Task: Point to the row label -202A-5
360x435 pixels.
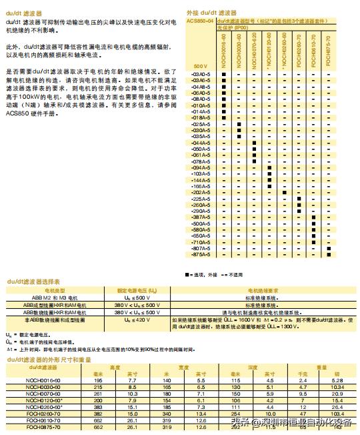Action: point(201,192)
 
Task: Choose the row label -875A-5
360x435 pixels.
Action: point(201,254)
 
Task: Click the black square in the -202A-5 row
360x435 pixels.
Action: point(285,192)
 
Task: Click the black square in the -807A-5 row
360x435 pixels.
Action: point(330,248)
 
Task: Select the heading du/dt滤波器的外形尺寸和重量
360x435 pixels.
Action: point(47,360)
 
